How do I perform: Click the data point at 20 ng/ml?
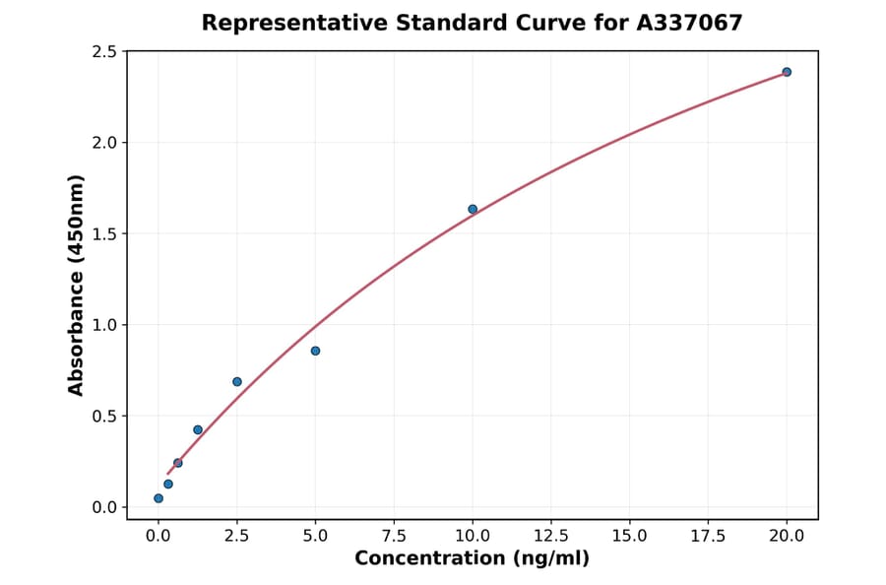click(787, 72)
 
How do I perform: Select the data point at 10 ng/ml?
click(473, 209)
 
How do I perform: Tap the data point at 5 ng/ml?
click(315, 351)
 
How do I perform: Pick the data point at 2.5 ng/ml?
click(237, 381)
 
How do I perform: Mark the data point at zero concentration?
click(158, 498)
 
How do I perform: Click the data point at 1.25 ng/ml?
click(198, 429)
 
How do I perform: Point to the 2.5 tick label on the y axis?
click(104, 51)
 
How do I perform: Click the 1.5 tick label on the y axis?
click(104, 234)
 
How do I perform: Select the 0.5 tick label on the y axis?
click(104, 417)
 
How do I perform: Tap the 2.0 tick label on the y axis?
click(104, 143)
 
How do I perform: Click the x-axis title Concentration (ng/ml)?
click(473, 559)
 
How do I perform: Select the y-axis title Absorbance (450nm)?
click(77, 286)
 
